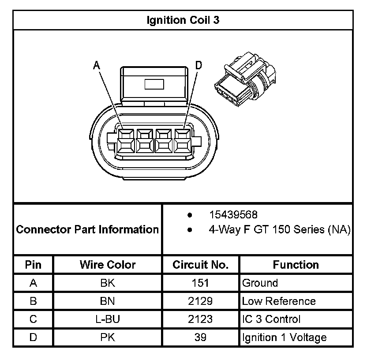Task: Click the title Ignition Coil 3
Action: click(183, 20)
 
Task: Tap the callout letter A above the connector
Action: click(97, 65)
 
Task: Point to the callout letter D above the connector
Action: click(198, 65)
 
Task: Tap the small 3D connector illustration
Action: click(244, 79)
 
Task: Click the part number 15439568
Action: click(234, 215)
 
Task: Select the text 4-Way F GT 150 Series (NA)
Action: click(280, 229)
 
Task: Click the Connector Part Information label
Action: click(87, 229)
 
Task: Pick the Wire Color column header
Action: click(108, 265)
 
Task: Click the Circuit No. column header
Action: click(201, 265)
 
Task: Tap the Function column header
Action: click(296, 265)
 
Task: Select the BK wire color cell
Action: click(108, 283)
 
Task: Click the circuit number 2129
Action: click(201, 301)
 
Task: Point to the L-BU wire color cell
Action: click(108, 319)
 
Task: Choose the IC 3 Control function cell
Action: click(271, 319)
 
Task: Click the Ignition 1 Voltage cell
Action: click(285, 337)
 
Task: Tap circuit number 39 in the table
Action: click(201, 337)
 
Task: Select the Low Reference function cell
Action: click(279, 301)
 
